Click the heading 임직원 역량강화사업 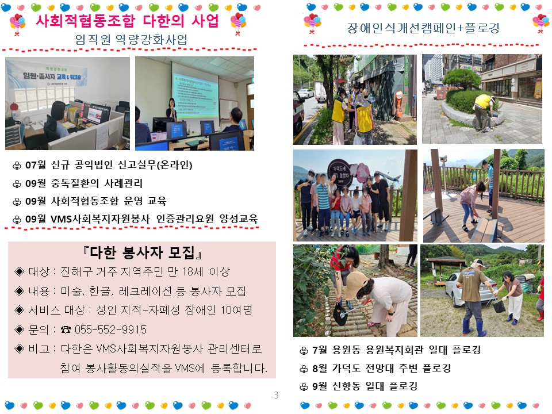click(131, 40)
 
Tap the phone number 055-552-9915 click(110, 329)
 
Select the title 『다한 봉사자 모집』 click(142, 252)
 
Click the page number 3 click(276, 395)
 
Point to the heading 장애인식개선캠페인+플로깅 click(423, 28)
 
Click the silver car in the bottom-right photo click(461, 288)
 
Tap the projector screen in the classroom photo click(195, 91)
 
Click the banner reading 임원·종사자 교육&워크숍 click(52, 76)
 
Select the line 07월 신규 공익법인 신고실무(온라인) click(109, 165)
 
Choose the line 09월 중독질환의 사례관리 click(84, 183)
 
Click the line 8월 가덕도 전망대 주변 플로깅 click(382, 368)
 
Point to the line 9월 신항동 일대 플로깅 click(365, 386)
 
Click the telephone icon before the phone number click(66, 329)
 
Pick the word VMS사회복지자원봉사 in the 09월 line click(100, 219)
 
